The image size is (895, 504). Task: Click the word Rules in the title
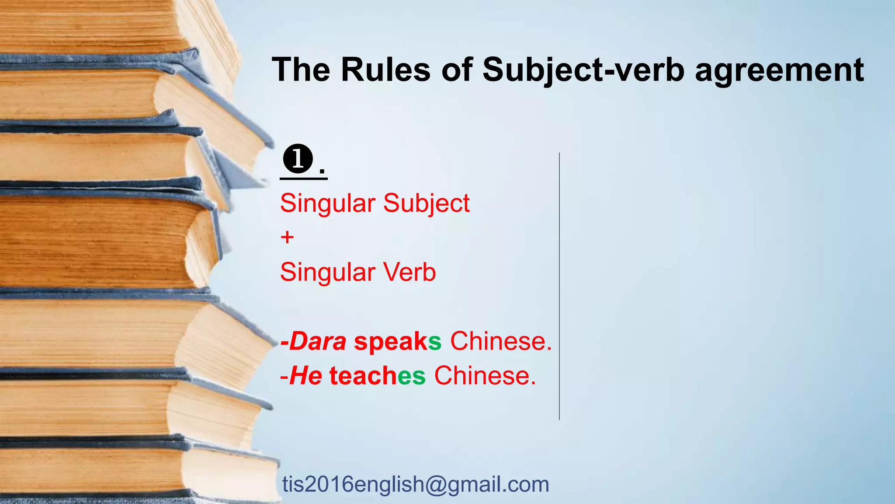385,70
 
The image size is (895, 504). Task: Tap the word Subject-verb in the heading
583,70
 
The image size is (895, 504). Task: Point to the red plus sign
288,238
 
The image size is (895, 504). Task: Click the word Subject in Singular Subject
426,204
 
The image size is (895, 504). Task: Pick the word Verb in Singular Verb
409,272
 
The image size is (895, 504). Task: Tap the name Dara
318,341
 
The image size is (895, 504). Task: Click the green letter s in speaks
435,341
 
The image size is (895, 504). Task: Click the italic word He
305,376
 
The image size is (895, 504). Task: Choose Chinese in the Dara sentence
501,341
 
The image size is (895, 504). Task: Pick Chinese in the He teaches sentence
485,376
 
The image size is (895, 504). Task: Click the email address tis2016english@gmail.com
416,484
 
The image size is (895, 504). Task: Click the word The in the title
301,70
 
